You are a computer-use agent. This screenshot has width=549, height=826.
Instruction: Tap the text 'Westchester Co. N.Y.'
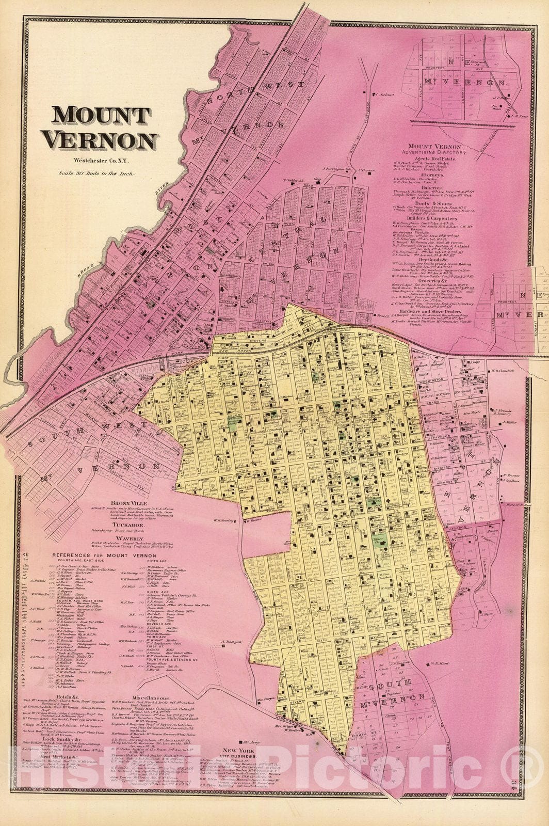click(103, 161)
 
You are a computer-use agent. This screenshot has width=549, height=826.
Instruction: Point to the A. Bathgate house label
click(230, 644)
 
